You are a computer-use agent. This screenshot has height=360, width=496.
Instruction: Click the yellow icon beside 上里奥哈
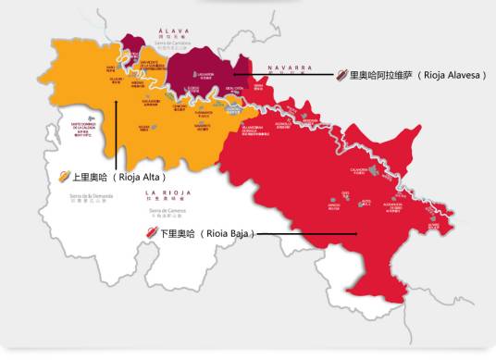[64, 176]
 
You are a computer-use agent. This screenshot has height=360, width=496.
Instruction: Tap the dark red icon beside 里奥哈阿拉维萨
[341, 76]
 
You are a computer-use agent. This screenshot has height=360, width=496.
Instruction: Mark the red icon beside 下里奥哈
[152, 233]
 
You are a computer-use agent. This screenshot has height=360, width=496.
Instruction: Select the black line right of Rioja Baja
[305, 233]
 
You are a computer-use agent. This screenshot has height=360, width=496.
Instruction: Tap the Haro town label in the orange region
[111, 68]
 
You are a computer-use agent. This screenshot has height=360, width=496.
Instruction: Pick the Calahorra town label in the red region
[355, 143]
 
